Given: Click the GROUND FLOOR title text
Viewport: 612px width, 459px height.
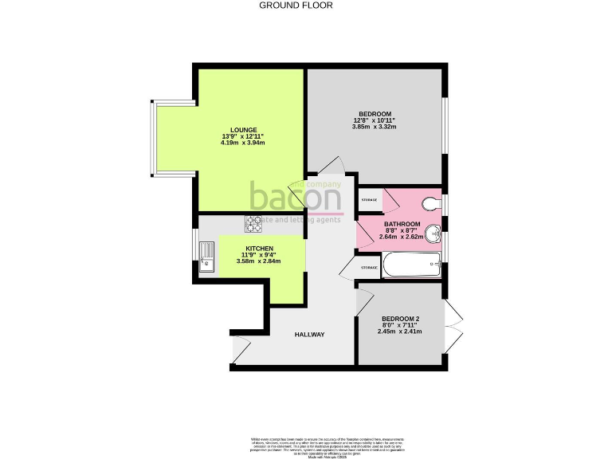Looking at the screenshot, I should click(x=296, y=5).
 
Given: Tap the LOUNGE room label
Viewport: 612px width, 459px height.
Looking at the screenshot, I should click(x=243, y=129).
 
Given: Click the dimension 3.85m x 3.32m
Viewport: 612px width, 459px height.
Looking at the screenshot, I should click(x=375, y=127).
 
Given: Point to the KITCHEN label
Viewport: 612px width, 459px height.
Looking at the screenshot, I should click(x=259, y=249).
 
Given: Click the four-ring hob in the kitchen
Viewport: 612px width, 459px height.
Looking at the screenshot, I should click(x=254, y=224).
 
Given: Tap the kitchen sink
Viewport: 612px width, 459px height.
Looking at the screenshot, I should click(x=206, y=257).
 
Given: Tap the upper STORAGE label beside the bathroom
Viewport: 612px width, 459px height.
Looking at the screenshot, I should click(x=370, y=199).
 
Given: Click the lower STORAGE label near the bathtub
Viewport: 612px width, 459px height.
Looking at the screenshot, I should click(x=369, y=268).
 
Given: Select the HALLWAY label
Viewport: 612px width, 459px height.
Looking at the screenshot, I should click(x=309, y=335).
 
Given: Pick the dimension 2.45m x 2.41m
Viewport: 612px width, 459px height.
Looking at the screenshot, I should click(x=398, y=331).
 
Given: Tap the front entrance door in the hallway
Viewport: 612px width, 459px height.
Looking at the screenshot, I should click(x=240, y=353).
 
